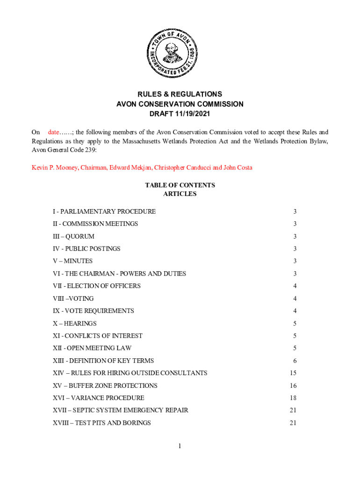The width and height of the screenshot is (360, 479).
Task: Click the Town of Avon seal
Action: (170, 53)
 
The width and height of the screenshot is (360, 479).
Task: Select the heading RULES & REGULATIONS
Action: (180, 94)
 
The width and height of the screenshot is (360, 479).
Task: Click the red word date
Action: (56, 132)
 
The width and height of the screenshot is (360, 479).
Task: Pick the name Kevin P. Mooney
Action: (51, 167)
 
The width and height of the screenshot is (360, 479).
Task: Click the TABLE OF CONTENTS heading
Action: (180, 185)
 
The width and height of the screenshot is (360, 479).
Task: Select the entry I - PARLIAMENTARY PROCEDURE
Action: (104, 211)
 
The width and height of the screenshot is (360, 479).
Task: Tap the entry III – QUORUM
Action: (73, 236)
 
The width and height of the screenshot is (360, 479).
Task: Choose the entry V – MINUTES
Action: (72, 261)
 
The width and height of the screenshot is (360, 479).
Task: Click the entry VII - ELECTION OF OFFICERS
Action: (97, 286)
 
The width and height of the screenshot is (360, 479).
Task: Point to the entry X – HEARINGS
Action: (75, 323)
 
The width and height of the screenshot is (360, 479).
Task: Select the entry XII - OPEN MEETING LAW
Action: (92, 348)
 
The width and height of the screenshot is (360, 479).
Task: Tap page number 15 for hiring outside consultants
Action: (293, 373)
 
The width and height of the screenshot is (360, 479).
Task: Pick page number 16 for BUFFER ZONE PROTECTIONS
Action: (293, 385)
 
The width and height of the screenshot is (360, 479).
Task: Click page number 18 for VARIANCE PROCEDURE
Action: (293, 398)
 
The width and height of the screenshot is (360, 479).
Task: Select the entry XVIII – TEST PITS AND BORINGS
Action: (102, 423)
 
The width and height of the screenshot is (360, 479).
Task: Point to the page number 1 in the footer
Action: (180, 446)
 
